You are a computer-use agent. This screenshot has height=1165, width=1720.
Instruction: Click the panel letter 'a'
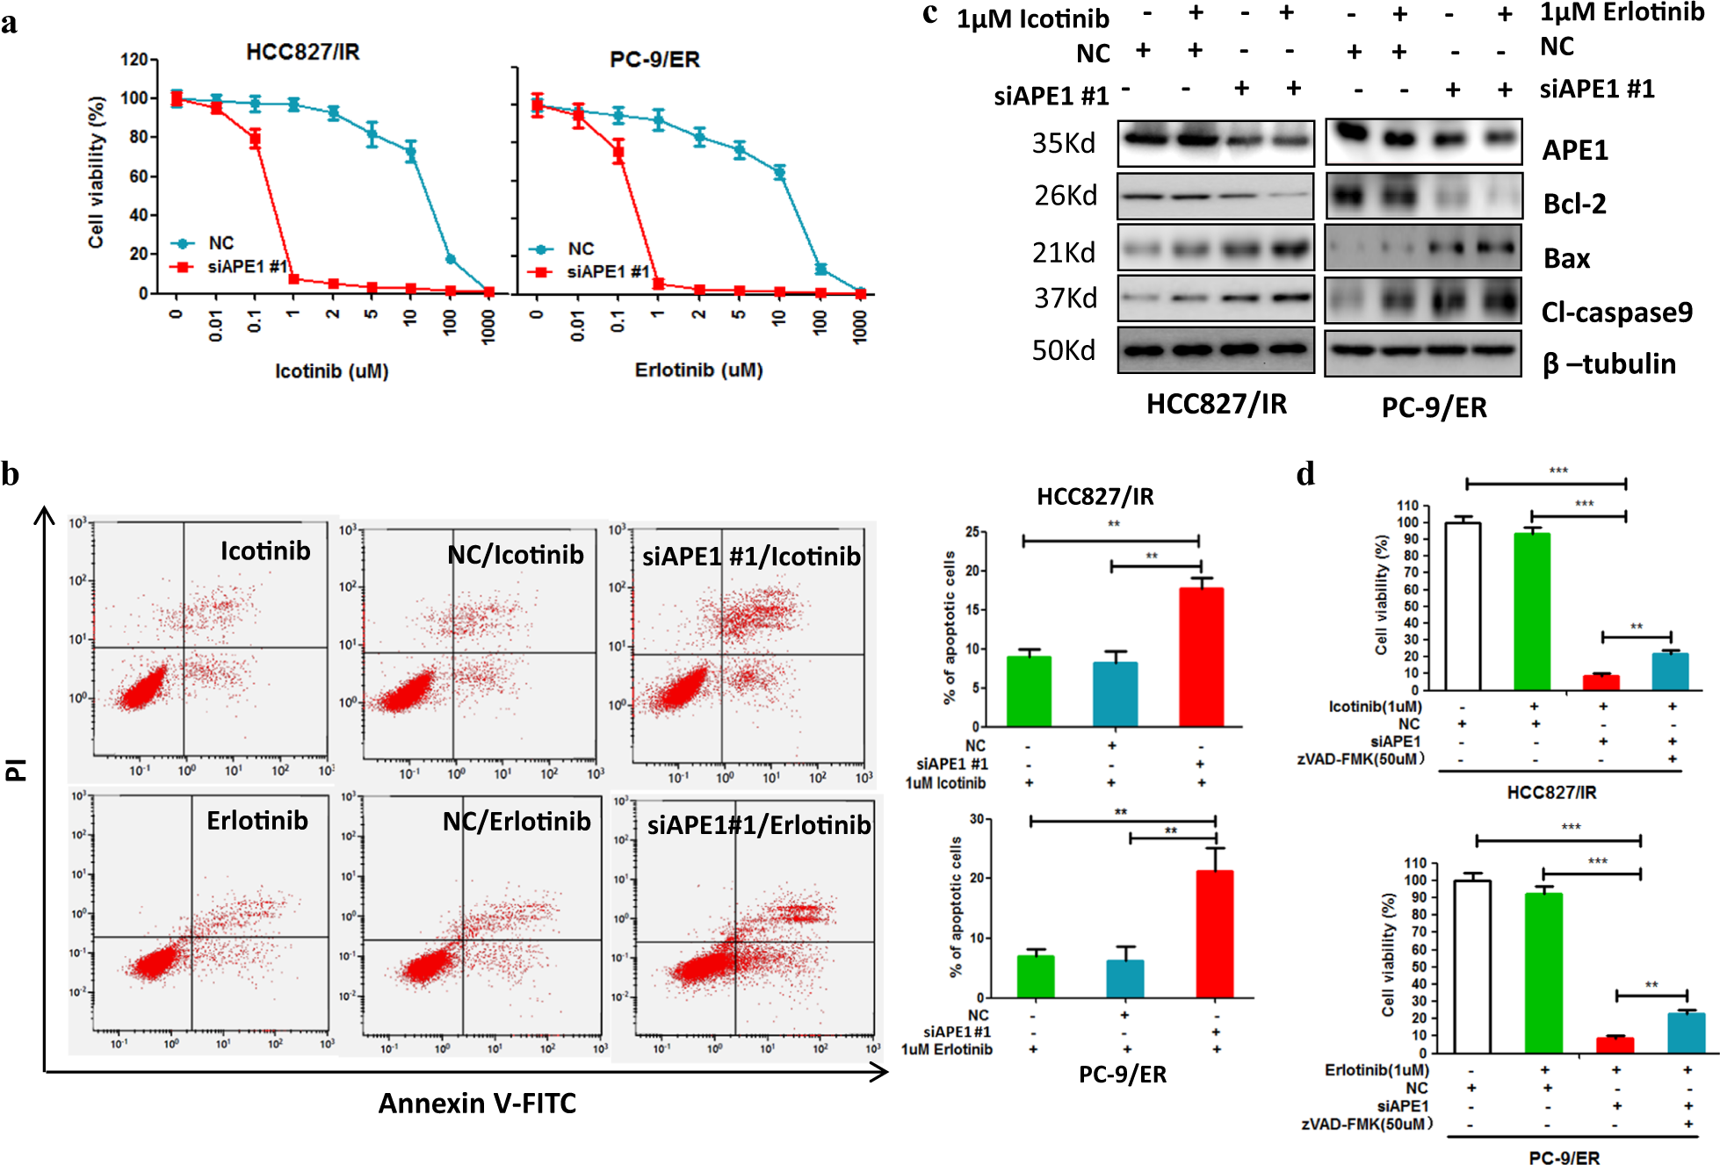click(10, 24)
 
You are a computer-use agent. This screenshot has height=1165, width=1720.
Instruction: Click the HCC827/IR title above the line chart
click(302, 52)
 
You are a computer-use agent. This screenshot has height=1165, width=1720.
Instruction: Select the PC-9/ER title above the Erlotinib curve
click(654, 60)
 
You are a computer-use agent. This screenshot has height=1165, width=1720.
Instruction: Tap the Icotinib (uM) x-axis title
click(331, 371)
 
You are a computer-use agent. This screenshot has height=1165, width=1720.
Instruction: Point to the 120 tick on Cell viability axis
click(134, 60)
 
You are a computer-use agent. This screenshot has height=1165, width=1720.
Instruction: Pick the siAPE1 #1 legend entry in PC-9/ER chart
click(606, 272)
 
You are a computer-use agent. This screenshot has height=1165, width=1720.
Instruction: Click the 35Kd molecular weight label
click(1063, 143)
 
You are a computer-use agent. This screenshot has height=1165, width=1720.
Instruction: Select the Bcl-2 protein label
click(1574, 204)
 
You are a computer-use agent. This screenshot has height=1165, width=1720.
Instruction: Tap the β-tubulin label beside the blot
click(1608, 363)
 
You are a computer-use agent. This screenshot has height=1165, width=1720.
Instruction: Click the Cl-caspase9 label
click(1616, 313)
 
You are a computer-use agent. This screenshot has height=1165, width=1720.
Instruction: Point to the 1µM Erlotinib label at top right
click(1622, 12)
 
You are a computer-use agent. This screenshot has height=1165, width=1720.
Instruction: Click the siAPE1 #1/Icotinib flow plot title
click(751, 557)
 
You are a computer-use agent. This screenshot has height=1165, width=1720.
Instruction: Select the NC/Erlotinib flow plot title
click(517, 822)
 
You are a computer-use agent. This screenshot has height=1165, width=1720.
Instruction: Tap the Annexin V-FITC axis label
click(477, 1103)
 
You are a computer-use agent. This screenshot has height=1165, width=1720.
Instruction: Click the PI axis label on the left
click(16, 769)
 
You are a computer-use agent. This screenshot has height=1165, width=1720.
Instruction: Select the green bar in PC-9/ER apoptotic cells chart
click(1035, 976)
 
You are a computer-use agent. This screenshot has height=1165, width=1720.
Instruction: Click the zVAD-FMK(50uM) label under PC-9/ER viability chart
click(1367, 1124)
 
